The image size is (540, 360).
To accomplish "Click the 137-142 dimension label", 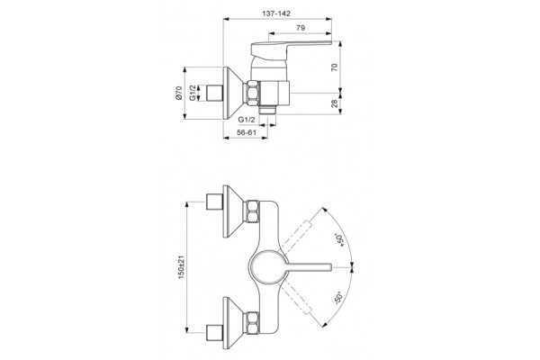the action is click(x=276, y=13).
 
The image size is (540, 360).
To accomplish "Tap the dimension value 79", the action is click(x=301, y=28).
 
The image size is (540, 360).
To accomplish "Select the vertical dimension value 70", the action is click(x=335, y=67).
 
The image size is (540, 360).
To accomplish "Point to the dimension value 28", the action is click(x=335, y=103).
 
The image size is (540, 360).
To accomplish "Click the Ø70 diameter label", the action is click(x=178, y=93).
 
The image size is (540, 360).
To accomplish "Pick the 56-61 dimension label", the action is click(x=247, y=132).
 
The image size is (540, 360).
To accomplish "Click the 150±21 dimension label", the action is click(x=182, y=267).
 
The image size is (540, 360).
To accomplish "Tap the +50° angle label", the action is click(x=340, y=240).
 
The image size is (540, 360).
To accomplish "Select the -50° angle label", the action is click(x=339, y=298).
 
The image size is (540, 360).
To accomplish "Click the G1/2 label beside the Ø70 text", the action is click(x=193, y=93).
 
